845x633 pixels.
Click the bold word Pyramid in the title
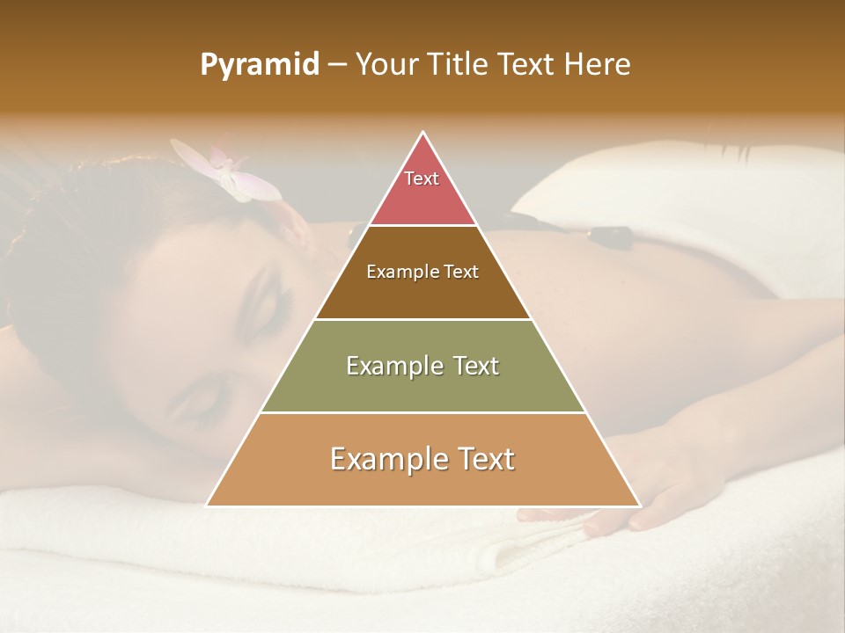(260, 65)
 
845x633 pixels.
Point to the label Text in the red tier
(422, 178)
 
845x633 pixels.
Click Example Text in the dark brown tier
(422, 272)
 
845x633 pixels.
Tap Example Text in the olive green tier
(422, 366)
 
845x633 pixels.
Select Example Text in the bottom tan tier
(422, 459)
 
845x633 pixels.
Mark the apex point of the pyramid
(423, 132)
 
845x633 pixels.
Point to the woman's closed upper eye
(283, 303)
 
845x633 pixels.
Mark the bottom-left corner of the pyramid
(207, 506)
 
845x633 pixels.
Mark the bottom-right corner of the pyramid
(640, 506)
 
